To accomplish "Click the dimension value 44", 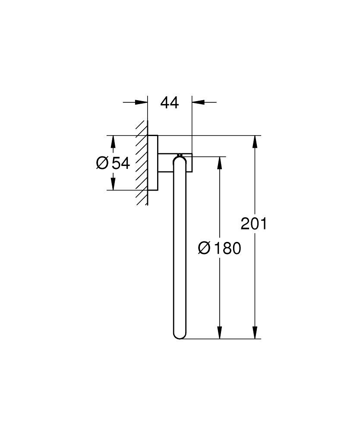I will pyautogui.click(x=170, y=103).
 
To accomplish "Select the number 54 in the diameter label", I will pyautogui.click(x=121, y=163).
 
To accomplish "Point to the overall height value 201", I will pyautogui.click(x=254, y=224).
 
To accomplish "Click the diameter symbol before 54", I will pyautogui.click(x=102, y=163).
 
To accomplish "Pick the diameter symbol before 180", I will pyautogui.click(x=204, y=248).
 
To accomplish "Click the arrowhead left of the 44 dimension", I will pyautogui.click(x=141, y=102).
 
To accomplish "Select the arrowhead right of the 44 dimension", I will pyautogui.click(x=198, y=102).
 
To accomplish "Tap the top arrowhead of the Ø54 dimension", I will pyautogui.click(x=113, y=142).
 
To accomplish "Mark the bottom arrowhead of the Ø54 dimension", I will pyautogui.click(x=113, y=184).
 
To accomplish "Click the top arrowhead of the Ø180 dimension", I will pyautogui.click(x=220, y=162).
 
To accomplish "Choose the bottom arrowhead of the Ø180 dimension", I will pyautogui.click(x=220, y=332).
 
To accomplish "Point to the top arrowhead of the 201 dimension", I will pyautogui.click(x=256, y=142).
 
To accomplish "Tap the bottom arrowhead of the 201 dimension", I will pyautogui.click(x=256, y=332).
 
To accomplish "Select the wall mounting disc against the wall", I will pyautogui.click(x=153, y=163).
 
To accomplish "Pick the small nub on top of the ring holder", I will pyautogui.click(x=179, y=154).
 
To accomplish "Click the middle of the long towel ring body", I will pyautogui.click(x=180, y=246).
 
